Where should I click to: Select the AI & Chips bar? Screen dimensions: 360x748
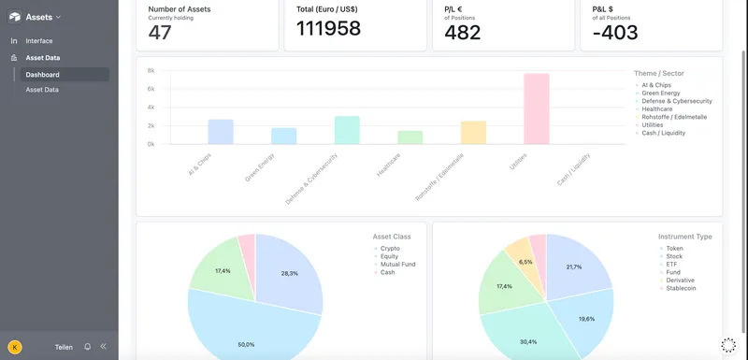click(x=221, y=132)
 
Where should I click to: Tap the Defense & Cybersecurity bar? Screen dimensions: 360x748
click(x=347, y=130)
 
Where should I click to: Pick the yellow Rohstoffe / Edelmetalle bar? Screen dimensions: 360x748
click(x=473, y=133)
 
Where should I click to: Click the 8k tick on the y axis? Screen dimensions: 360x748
click(x=150, y=70)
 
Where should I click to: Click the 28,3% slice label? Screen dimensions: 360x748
click(x=289, y=274)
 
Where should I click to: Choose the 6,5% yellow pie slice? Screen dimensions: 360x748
click(x=525, y=262)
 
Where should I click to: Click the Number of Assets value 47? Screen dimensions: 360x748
click(x=160, y=32)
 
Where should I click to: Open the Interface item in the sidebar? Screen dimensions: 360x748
click(x=39, y=41)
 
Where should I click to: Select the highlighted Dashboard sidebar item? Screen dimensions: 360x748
click(x=43, y=75)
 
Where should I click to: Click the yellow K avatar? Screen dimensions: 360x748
click(x=14, y=346)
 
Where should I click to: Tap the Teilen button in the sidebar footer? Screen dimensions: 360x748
click(x=64, y=346)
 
